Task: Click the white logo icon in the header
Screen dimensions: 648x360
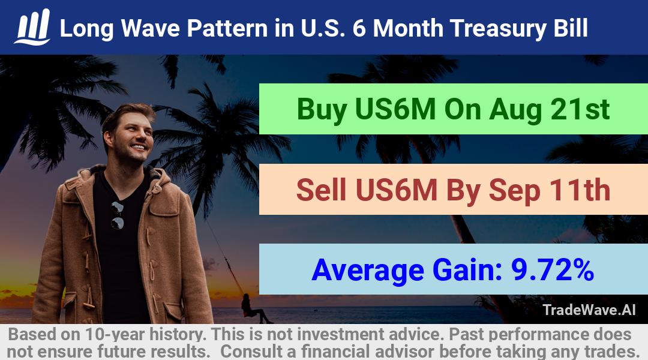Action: (32, 27)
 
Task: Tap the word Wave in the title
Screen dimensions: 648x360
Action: (151, 28)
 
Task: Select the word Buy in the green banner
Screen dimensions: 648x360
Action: (322, 110)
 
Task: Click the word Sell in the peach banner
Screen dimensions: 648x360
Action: (321, 190)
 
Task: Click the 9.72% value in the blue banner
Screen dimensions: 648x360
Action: (553, 270)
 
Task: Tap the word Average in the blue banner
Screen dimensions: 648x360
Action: (368, 271)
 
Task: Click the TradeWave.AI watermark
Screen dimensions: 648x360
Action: (589, 310)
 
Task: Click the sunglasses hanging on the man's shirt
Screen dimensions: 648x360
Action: (118, 215)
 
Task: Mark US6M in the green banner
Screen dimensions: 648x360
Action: (395, 109)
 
